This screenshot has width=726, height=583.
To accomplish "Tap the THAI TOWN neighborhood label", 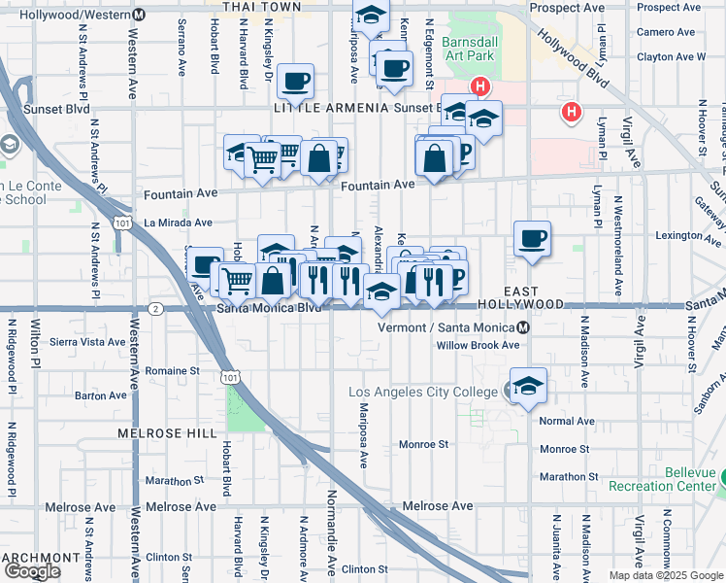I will click(x=261, y=7).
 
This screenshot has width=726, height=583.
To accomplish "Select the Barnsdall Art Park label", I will click(x=468, y=49).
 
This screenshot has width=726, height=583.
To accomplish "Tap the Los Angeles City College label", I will click(x=426, y=392).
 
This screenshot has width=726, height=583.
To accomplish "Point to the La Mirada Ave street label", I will click(x=178, y=223).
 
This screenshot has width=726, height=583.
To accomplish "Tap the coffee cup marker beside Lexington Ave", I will click(x=532, y=239).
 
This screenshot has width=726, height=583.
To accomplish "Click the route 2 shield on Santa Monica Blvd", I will click(x=155, y=309).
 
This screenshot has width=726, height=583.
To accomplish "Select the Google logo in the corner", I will click(x=32, y=571).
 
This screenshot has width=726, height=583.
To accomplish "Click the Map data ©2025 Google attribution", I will click(x=666, y=575).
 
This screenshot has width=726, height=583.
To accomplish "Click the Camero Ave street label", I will click(x=666, y=32).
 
